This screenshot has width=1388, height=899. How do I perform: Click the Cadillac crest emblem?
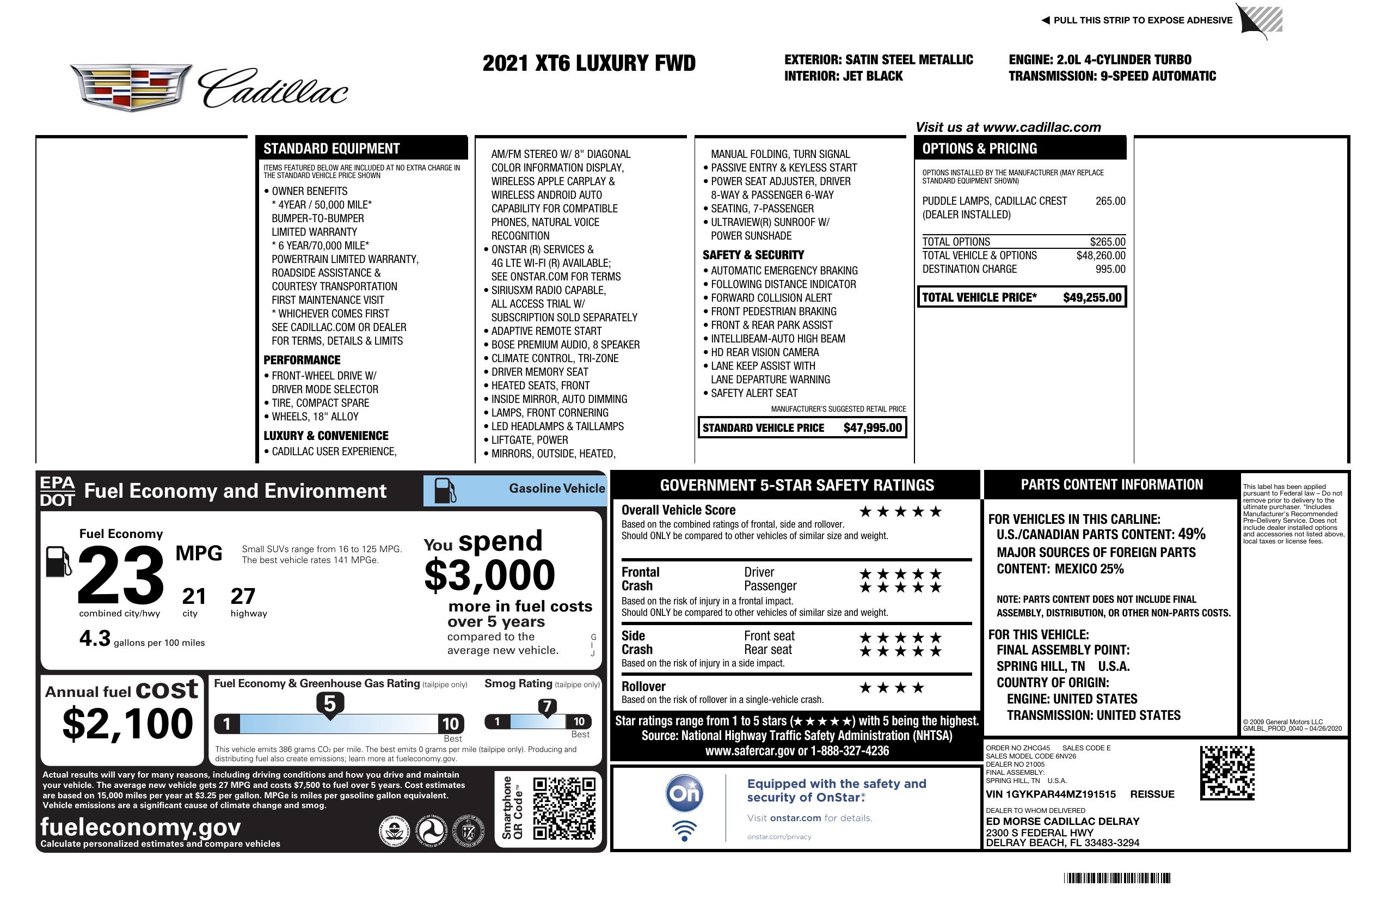pos(131,88)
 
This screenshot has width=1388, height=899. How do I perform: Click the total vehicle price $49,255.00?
pos(1092,297)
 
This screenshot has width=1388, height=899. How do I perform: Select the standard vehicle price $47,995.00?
pos(873,427)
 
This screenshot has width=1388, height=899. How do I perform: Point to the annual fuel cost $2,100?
pos(127,724)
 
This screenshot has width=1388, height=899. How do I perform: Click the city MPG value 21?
pos(194,596)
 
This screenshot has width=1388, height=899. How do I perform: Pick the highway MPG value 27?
pos(243,596)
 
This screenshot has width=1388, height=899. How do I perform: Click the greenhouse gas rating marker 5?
pos(329,704)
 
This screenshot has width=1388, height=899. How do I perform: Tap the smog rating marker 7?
pos(547,707)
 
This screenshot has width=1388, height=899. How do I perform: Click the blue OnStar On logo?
pos(684,793)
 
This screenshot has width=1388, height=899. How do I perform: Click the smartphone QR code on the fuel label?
pos(564,808)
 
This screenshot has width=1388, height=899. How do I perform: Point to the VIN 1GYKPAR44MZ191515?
pos(1051,794)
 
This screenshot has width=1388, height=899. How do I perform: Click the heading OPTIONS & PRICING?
pos(979,149)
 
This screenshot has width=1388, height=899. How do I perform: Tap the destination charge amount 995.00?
pos(1110,269)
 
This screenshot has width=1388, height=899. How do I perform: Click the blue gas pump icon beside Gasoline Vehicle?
pos(445,490)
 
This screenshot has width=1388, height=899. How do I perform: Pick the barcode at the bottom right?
pos(1116,878)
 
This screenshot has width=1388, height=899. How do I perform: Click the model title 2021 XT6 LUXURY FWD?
pos(589,63)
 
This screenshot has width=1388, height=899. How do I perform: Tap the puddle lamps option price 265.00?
pos(1110,201)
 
